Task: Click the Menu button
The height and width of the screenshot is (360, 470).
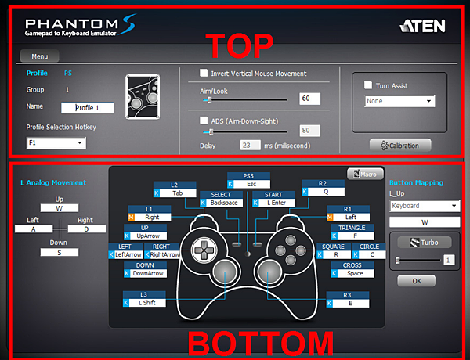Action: tap(39, 56)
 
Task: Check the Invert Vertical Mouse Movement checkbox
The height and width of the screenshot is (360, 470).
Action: tap(204, 73)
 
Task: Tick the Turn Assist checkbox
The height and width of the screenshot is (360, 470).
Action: tap(368, 85)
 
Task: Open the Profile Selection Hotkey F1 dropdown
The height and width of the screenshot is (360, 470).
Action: tap(56, 143)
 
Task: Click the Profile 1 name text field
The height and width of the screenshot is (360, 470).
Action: tap(88, 108)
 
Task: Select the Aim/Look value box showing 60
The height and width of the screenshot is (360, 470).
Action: tap(309, 99)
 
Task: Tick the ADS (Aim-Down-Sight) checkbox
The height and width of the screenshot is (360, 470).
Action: tap(204, 121)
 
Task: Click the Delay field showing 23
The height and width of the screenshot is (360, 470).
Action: tap(250, 146)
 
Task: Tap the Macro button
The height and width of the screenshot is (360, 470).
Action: tap(365, 174)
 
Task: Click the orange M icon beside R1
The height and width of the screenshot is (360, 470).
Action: tap(330, 217)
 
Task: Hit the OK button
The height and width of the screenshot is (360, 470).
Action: tap(417, 281)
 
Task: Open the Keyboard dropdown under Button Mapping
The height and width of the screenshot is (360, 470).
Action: tap(425, 206)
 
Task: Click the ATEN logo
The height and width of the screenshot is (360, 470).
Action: tap(423, 26)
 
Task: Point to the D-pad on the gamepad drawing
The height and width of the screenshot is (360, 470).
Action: tap(204, 250)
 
